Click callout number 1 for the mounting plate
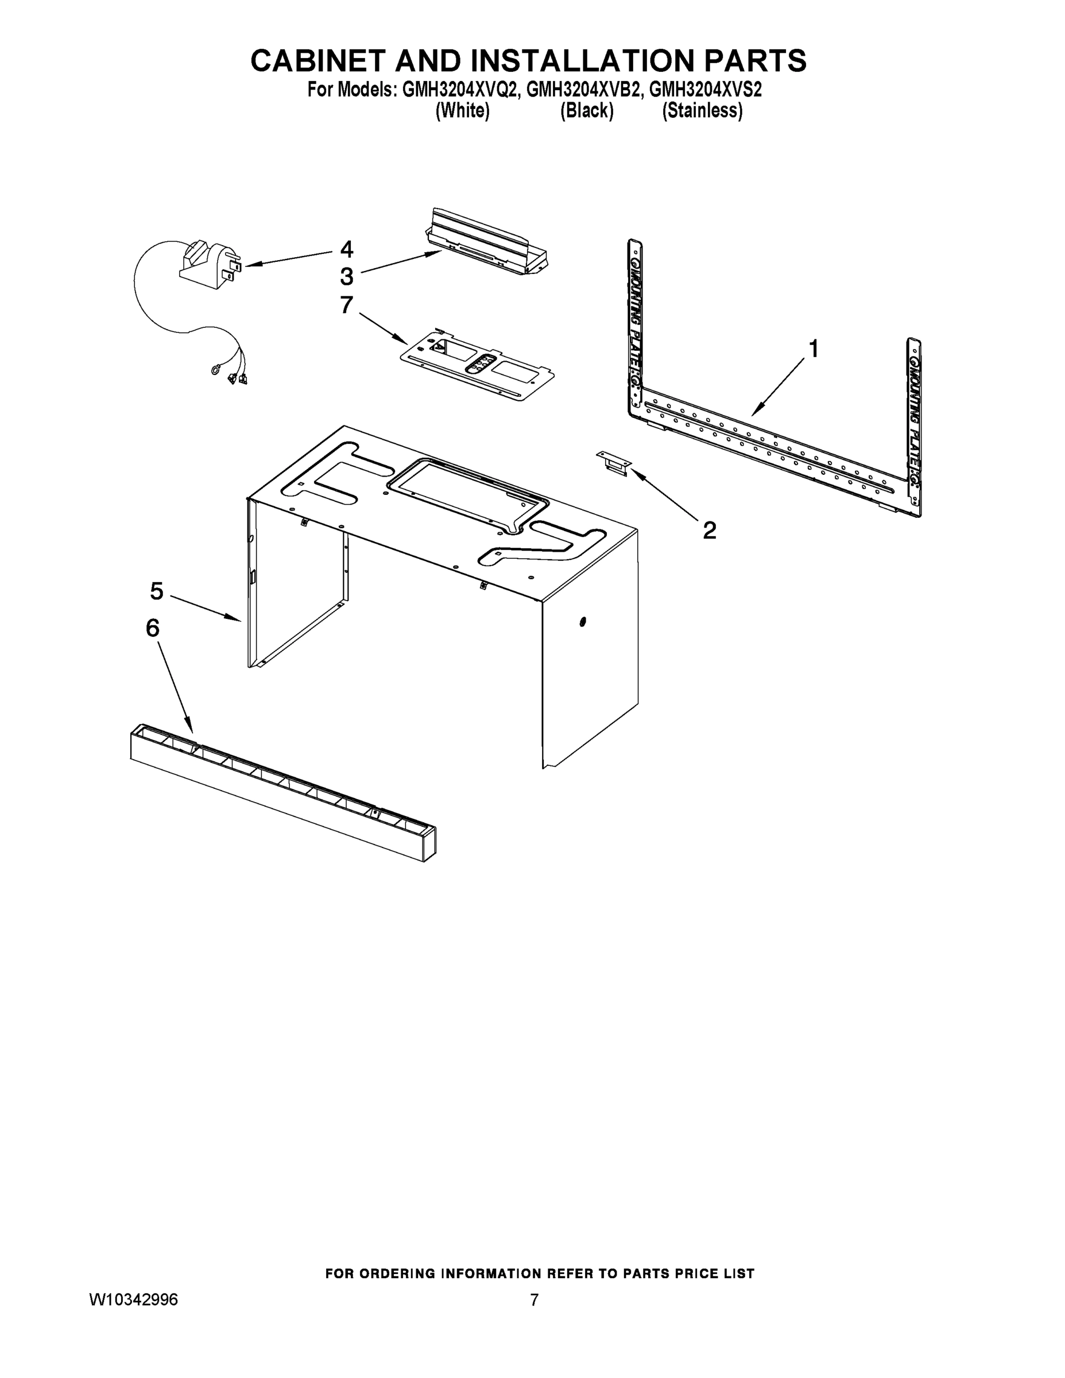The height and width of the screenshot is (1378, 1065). [814, 349]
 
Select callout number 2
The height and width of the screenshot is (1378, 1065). [709, 531]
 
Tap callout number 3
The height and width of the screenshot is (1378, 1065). [346, 276]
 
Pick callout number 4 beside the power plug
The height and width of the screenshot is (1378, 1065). [346, 249]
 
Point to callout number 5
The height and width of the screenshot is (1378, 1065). [157, 591]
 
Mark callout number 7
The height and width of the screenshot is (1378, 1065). [346, 305]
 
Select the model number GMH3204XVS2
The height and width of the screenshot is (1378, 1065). [706, 90]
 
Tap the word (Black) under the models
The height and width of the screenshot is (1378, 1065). [587, 111]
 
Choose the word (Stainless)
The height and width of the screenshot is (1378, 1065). [702, 111]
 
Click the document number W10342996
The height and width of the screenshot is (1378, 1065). [133, 1300]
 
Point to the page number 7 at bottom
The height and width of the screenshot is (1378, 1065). [534, 1300]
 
